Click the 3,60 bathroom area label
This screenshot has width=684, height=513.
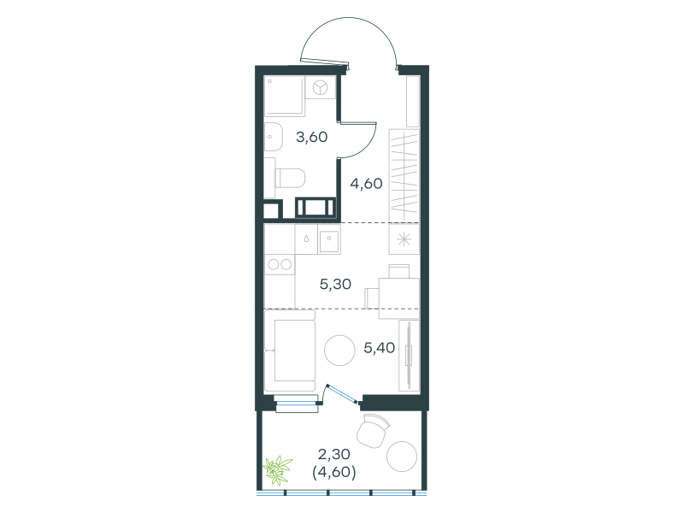(311, 138)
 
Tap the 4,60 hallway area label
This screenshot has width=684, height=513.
(366, 184)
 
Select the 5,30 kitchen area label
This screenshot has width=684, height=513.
(335, 285)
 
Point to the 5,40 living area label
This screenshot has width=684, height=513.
(379, 348)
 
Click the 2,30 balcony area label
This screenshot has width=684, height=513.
(333, 455)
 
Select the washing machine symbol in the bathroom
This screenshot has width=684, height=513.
(320, 88)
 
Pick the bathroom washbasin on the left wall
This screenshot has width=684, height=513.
(274, 137)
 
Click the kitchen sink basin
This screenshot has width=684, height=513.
(329, 239)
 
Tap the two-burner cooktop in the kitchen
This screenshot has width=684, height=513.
(280, 264)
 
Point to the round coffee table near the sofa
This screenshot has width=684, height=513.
(339, 350)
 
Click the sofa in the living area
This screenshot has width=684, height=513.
(290, 351)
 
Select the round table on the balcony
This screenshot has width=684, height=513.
(402, 457)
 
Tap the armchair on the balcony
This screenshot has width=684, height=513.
(373, 431)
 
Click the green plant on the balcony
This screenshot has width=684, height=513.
(277, 469)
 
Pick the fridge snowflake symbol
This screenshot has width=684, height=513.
(404, 239)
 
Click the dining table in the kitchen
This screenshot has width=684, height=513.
(399, 298)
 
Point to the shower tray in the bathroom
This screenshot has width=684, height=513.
(285, 96)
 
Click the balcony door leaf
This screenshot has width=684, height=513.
(342, 393)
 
